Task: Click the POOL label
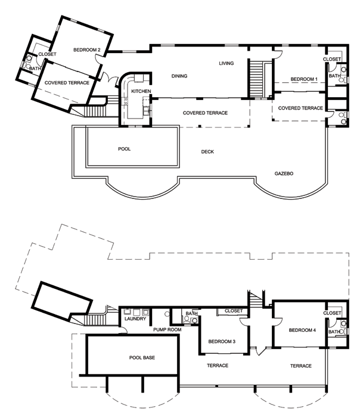coord(124,149)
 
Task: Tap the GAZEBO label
coord(284,173)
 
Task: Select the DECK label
coord(207,151)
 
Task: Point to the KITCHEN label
coord(141,91)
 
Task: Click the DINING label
coord(179,76)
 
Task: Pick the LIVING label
coord(226,63)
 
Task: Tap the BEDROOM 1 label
coord(304,79)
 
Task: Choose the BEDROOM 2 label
coord(87,49)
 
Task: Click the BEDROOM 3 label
coord(222,341)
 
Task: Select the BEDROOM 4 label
coord(302,330)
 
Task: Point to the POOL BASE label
coord(142,357)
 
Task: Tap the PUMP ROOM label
coord(167,330)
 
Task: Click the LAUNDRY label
coord(135,319)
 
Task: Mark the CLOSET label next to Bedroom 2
coord(47,54)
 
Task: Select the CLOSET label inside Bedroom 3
coord(234,311)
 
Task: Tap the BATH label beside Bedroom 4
coord(334,332)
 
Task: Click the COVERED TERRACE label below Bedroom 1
coord(300,108)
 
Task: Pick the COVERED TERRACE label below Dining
coord(205,113)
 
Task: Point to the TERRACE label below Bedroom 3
coord(218,366)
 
